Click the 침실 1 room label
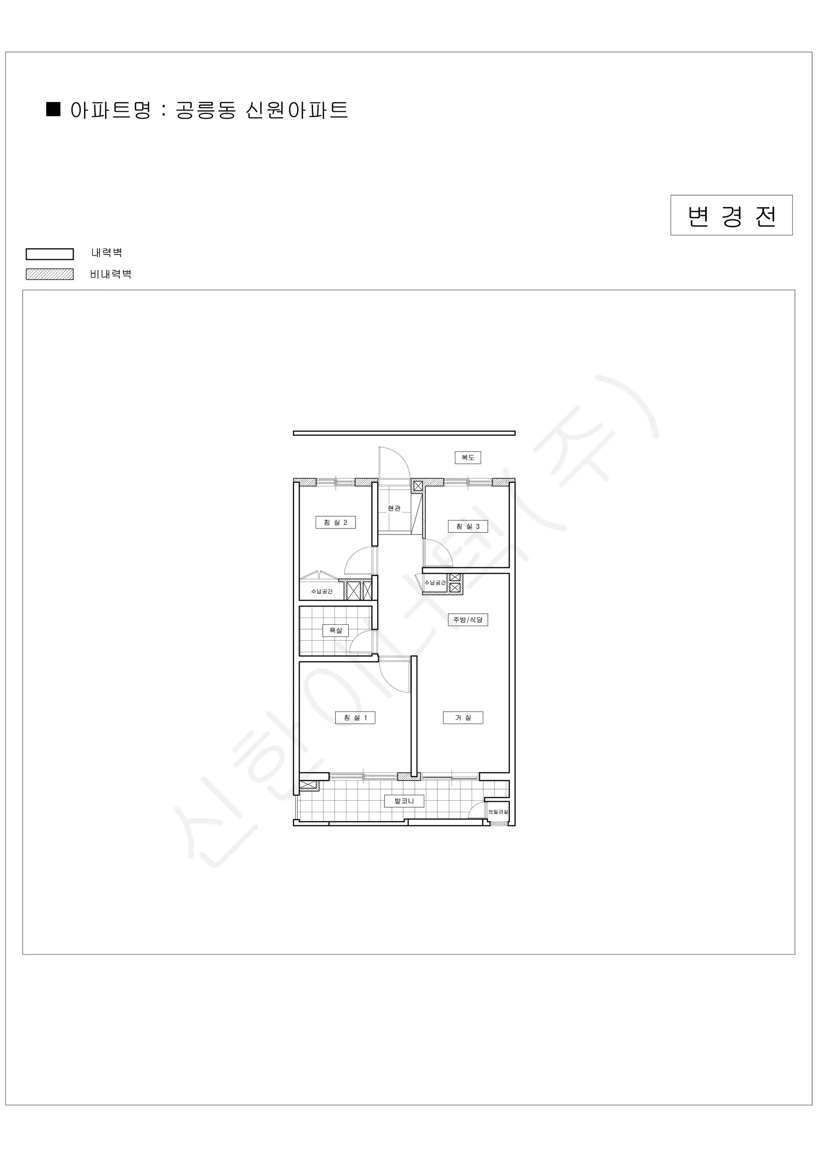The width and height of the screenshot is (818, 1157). [x=355, y=718]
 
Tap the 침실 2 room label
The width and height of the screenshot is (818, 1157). [x=335, y=523]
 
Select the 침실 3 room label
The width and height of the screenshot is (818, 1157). [x=468, y=526]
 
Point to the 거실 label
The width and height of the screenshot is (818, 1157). [x=463, y=718]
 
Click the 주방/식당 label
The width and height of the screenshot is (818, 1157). [x=468, y=620]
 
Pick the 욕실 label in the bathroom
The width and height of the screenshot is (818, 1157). [x=335, y=631]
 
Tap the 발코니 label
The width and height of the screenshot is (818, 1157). [x=404, y=801]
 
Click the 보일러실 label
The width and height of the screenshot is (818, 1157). [x=498, y=812]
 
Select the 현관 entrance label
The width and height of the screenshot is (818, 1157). [x=394, y=509]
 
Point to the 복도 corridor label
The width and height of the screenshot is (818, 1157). [x=468, y=457]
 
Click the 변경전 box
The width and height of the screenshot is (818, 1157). [x=731, y=215]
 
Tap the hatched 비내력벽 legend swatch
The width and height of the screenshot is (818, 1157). [x=50, y=274]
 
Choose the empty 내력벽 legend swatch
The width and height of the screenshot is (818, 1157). [x=50, y=254]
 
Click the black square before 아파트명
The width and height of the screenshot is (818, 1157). [x=53, y=109]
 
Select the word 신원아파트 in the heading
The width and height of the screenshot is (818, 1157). [x=297, y=110]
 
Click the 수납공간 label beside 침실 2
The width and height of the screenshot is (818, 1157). [x=322, y=592]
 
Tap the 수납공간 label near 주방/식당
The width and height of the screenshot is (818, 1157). [x=435, y=582]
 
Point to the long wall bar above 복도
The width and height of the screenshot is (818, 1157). [x=404, y=433]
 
